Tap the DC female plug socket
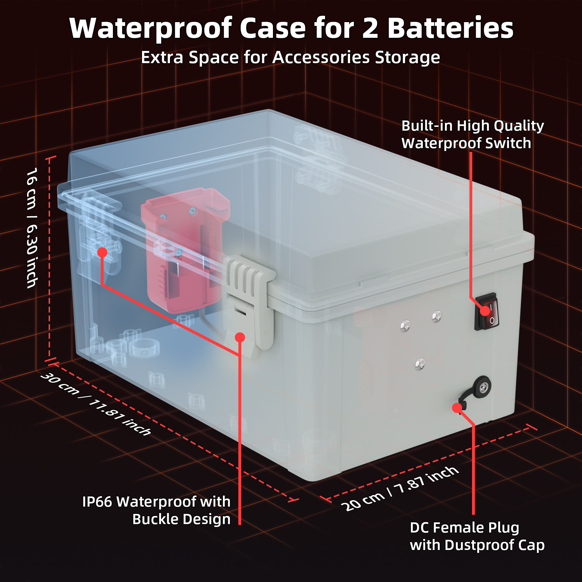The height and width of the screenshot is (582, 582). point(482,387)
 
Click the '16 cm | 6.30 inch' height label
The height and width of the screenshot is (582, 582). point(32,228)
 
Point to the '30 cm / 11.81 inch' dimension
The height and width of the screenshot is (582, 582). point(96,404)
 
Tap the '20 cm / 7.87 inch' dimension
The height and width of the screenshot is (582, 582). point(400,488)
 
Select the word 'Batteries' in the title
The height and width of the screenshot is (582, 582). point(450,28)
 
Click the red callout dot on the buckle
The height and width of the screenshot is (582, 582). point(240,337)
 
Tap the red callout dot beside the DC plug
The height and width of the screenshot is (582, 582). point(457,408)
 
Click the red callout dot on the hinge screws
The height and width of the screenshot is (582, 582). point(102,252)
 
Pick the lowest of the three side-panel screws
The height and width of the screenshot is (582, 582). point(420,363)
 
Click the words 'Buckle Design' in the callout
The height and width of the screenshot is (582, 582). point(181,519)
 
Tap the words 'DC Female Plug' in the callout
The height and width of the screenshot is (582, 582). point(464,528)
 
